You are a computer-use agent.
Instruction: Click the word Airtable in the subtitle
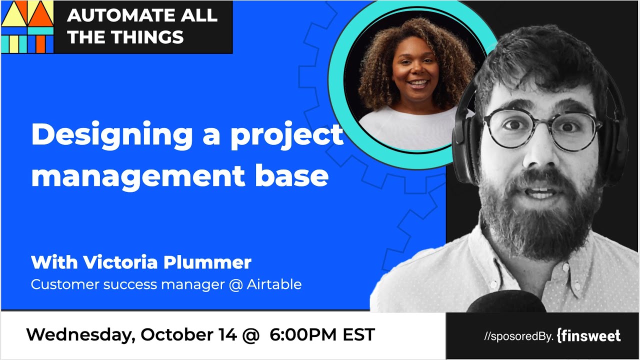pyautogui.click(x=274, y=284)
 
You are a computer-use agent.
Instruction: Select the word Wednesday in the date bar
pyautogui.click(x=79, y=335)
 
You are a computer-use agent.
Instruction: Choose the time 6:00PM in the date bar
pyautogui.click(x=303, y=335)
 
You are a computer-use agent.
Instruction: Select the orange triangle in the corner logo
pyautogui.click(x=40, y=13)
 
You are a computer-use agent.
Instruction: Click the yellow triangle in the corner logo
pyautogui.click(x=14, y=13)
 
